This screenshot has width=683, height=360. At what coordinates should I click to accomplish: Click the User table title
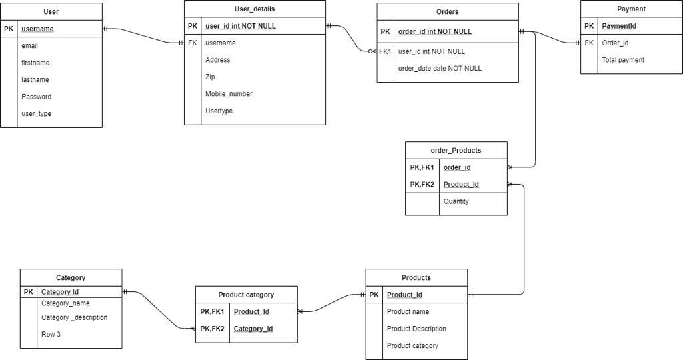tap(51, 12)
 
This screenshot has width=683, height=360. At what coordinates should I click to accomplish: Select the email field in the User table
tap(29, 46)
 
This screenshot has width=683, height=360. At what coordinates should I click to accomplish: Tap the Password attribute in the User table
tap(36, 97)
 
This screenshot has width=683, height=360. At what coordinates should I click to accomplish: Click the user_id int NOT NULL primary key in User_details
tap(240, 27)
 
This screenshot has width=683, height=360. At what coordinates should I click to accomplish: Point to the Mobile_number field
tap(229, 94)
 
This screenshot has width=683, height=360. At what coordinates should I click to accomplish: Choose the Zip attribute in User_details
tap(210, 77)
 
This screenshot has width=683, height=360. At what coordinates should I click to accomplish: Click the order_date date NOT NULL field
tap(439, 69)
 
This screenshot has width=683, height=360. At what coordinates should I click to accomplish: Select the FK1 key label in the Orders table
tap(385, 51)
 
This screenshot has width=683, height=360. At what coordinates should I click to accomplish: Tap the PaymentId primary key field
tap(618, 26)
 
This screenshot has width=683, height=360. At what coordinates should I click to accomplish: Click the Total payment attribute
tap(623, 60)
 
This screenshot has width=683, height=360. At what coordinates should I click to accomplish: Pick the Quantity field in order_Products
tap(456, 201)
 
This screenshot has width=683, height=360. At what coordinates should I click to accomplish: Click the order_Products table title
tap(456, 151)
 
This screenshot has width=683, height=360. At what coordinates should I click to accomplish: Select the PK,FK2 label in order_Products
tap(422, 185)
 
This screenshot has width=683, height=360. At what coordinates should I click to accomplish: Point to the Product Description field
tap(416, 329)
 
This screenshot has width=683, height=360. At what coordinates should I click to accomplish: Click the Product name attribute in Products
tap(408, 312)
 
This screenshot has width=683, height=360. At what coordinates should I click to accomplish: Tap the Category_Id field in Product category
tap(253, 329)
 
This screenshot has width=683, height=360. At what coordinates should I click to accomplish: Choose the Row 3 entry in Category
tap(51, 335)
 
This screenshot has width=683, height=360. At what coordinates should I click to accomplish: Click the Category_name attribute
tap(65, 303)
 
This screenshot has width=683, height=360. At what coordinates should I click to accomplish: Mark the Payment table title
tap(631, 9)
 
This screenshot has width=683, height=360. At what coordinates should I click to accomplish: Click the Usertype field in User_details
tap(219, 111)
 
